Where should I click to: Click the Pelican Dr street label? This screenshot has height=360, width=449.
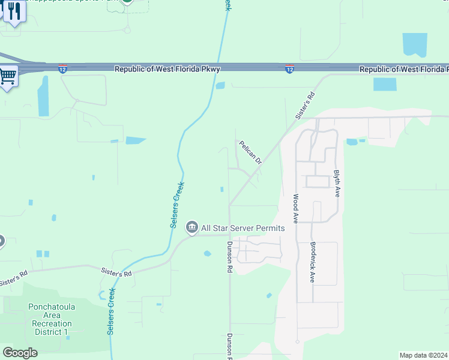[250, 153]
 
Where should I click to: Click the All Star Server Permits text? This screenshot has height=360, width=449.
[243, 228]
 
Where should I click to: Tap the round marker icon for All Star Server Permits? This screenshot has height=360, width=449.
[192, 227]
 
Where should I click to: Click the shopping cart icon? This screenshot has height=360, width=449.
[8, 76]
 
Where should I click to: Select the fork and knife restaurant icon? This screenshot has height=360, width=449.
[13, 11]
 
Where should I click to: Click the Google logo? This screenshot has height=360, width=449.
[20, 353]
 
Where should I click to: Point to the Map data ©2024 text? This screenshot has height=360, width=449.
[423, 355]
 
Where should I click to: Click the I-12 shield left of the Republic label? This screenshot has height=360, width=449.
[62, 70]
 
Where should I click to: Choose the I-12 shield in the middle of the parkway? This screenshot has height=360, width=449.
[289, 70]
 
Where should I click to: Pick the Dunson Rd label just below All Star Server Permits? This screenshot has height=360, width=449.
[229, 257]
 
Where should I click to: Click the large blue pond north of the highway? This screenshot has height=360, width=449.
[415, 45]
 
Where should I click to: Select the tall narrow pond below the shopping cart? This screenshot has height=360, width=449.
[43, 96]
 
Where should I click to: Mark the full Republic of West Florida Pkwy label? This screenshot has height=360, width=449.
[167, 70]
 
